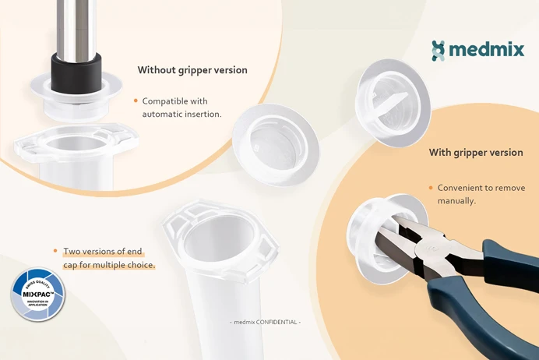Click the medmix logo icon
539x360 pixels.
(439, 51)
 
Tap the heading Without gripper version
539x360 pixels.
(192, 70)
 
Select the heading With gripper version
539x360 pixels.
(476, 153)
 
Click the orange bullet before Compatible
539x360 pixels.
(136, 101)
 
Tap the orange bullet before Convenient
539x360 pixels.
(431, 188)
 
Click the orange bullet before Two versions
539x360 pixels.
(55, 251)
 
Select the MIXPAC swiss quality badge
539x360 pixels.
(38, 295)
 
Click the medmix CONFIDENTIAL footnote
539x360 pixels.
(266, 322)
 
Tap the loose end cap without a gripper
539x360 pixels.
(275, 143)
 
